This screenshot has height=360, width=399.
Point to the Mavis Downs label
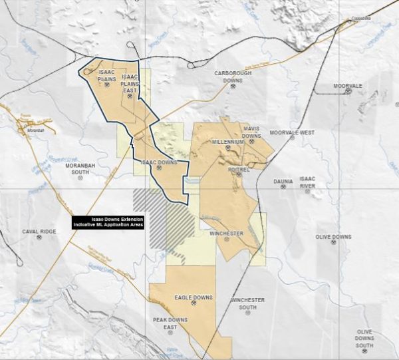251,132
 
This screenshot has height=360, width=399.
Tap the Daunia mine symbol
283,187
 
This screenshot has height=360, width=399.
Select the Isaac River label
307,182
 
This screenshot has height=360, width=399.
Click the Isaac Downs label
158,162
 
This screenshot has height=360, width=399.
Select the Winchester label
227,234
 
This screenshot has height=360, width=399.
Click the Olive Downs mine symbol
333,243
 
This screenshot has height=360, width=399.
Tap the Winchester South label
247,303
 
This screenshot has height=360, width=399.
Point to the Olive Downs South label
364,338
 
